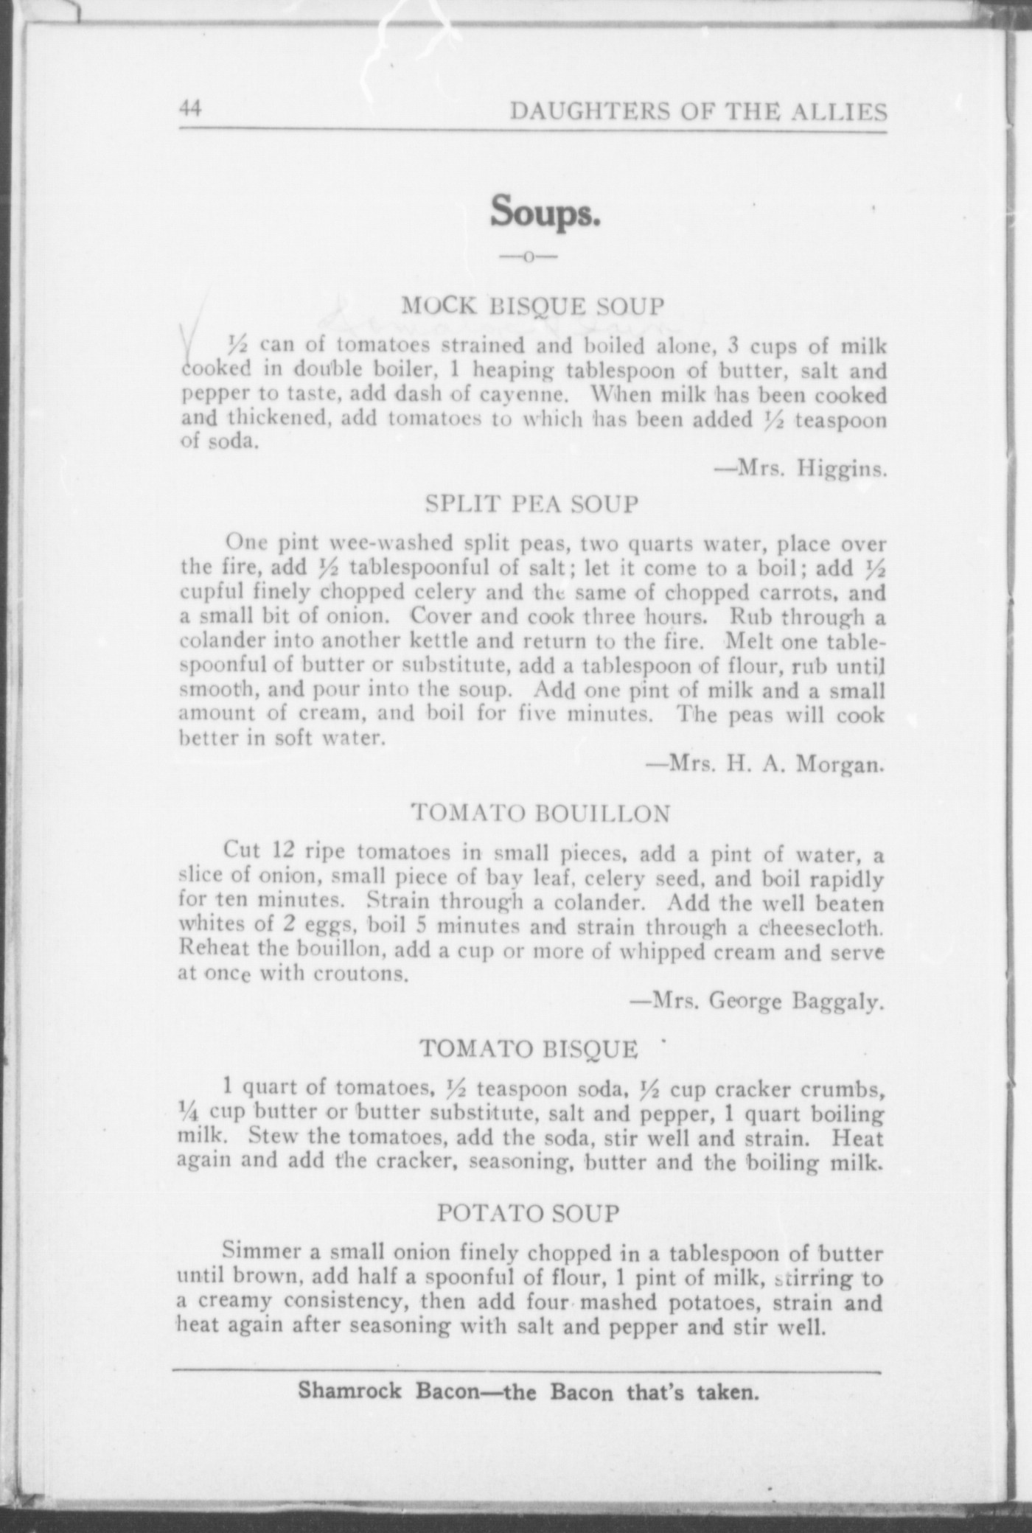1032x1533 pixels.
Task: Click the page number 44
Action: tap(190, 108)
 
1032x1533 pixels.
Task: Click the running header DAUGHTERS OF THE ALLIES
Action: tap(698, 111)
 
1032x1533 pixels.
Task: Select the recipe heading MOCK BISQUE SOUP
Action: tap(532, 305)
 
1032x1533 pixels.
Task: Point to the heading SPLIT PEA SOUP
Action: tap(532, 504)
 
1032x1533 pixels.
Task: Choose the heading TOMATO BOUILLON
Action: tap(541, 813)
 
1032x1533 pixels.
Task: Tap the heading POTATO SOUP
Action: tap(529, 1212)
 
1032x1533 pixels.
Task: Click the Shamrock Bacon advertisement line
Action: tap(528, 1391)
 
